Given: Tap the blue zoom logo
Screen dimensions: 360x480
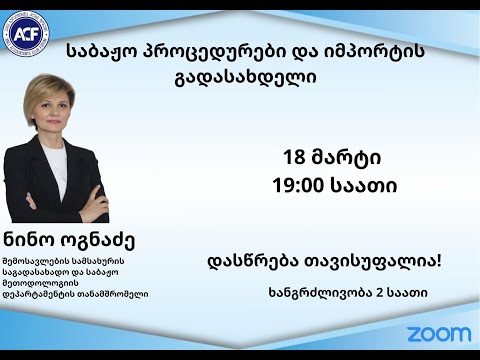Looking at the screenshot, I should tap(438, 333).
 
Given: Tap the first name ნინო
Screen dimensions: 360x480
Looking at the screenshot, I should tap(37, 242).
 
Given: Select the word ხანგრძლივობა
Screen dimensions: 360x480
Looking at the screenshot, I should tap(320, 293).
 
